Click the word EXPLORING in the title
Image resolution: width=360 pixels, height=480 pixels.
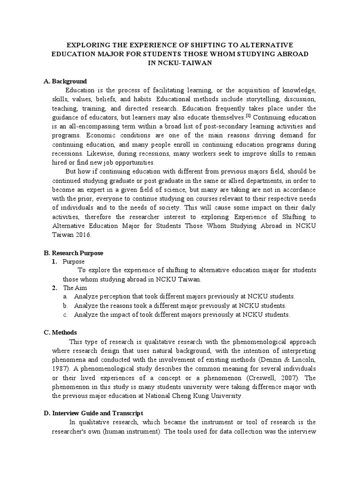click(91, 45)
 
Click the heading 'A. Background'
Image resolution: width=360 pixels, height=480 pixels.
click(65, 82)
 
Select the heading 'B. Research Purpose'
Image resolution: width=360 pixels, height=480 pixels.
click(73, 253)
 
